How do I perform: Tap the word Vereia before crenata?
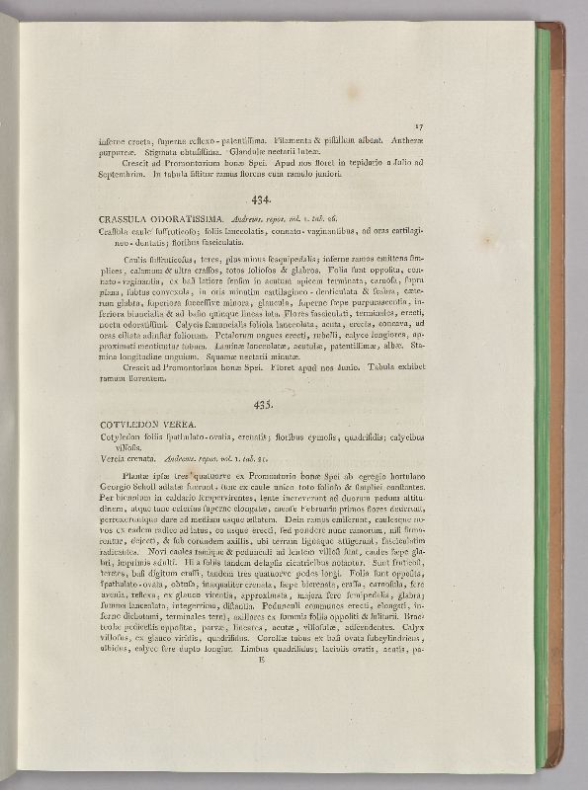coord(115,459)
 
